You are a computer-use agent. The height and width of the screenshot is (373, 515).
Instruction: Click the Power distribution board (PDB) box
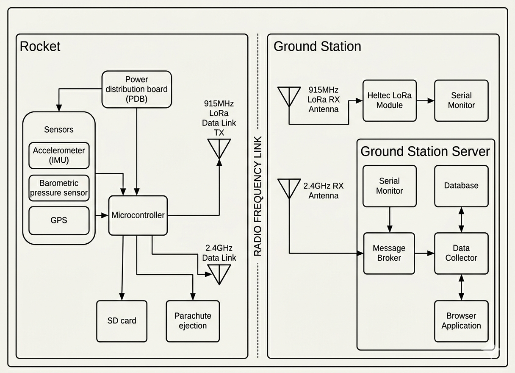pos(136,89)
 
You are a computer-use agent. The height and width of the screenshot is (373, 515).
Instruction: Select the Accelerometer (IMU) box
pos(59,155)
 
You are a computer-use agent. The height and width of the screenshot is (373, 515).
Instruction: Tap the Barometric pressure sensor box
pos(59,188)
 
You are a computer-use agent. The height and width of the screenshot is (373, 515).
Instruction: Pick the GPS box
pos(59,220)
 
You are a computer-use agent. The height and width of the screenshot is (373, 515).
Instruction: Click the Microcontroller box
pos(138,215)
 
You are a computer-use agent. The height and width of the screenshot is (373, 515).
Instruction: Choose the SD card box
pos(122,321)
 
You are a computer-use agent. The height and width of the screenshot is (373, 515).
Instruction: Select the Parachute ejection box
pos(193,321)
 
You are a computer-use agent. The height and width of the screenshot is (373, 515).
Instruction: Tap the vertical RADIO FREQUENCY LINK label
pos(258,196)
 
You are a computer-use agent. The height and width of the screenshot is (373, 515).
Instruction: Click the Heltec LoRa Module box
pos(389,100)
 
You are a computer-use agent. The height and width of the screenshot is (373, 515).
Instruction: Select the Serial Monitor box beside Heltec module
pos(461,100)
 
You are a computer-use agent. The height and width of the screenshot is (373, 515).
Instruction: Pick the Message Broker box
pos(389,253)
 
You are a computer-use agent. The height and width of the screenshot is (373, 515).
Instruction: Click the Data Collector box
pos(461,253)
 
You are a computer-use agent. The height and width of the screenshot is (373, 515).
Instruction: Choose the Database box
pos(461,186)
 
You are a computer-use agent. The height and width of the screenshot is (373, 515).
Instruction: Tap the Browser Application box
pos(461,321)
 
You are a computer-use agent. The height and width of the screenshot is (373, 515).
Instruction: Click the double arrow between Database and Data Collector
pos(461,220)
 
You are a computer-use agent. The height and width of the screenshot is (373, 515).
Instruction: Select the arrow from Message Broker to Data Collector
pos(425,253)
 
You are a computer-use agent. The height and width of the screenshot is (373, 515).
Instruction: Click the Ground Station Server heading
pos(425,151)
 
